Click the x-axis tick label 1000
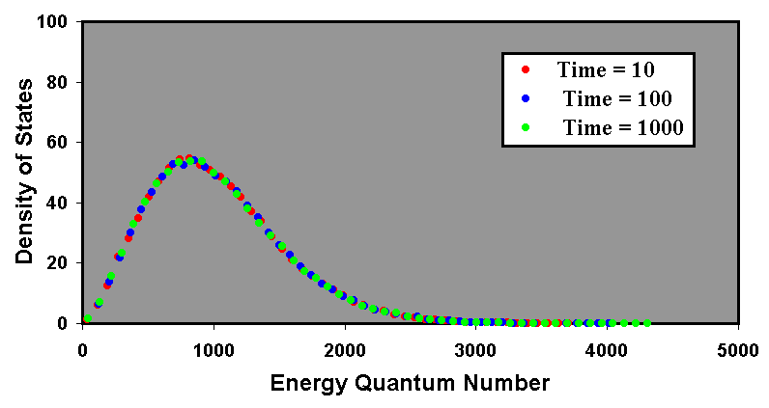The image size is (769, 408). coord(214,347)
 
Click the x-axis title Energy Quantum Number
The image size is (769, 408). coord(411,383)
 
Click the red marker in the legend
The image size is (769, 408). coord(526,69)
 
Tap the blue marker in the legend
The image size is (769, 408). coord(526,98)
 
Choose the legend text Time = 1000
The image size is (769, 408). coord(623,127)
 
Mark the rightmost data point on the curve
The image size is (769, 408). coord(646,323)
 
